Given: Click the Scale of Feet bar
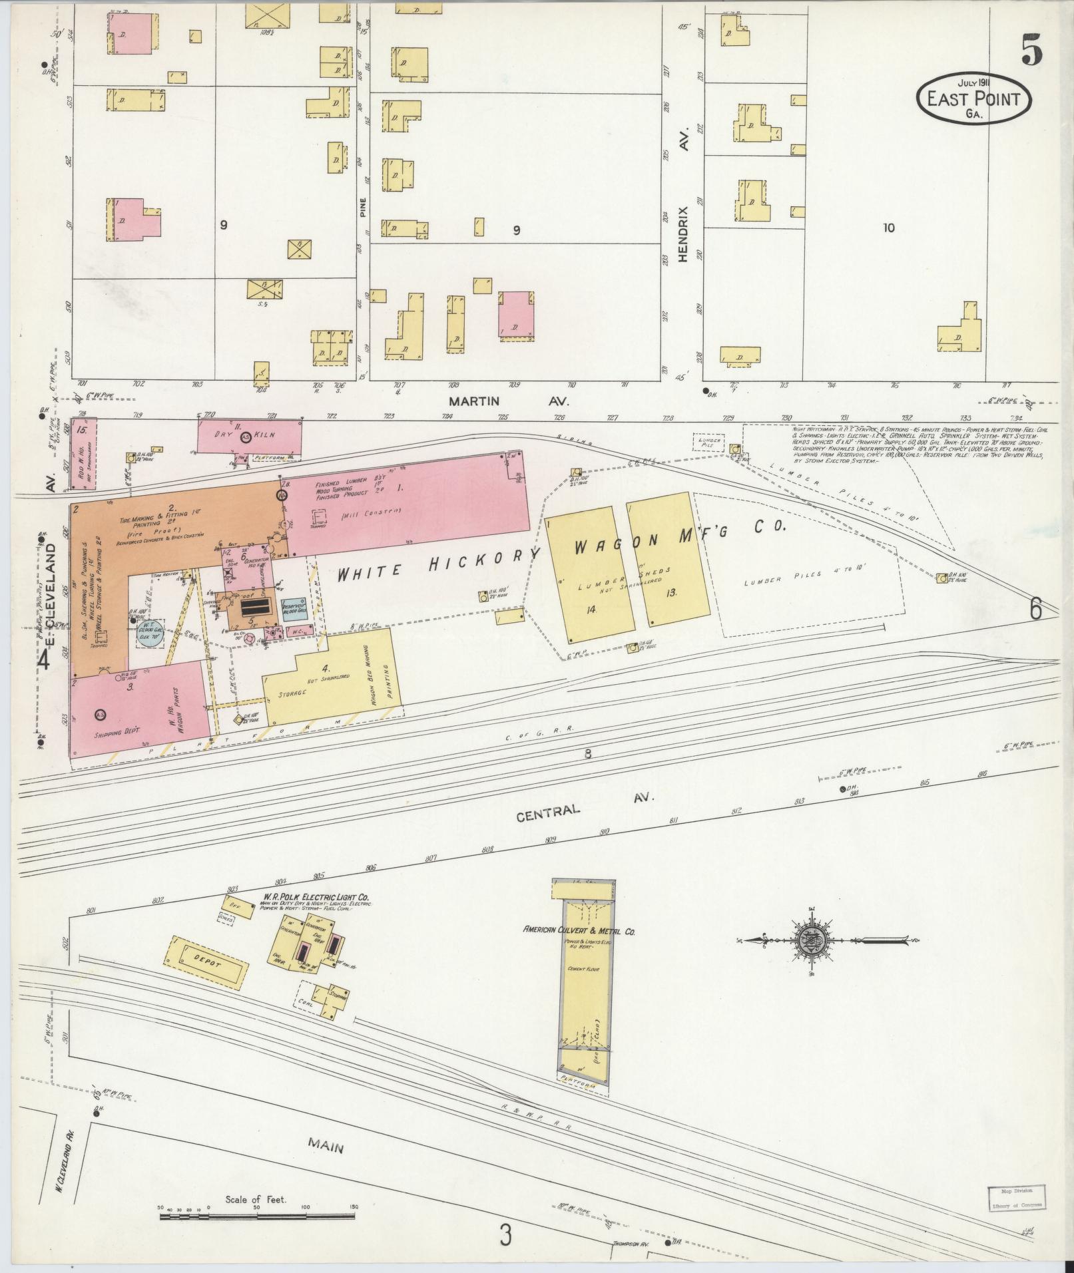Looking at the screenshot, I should (257, 1216).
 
